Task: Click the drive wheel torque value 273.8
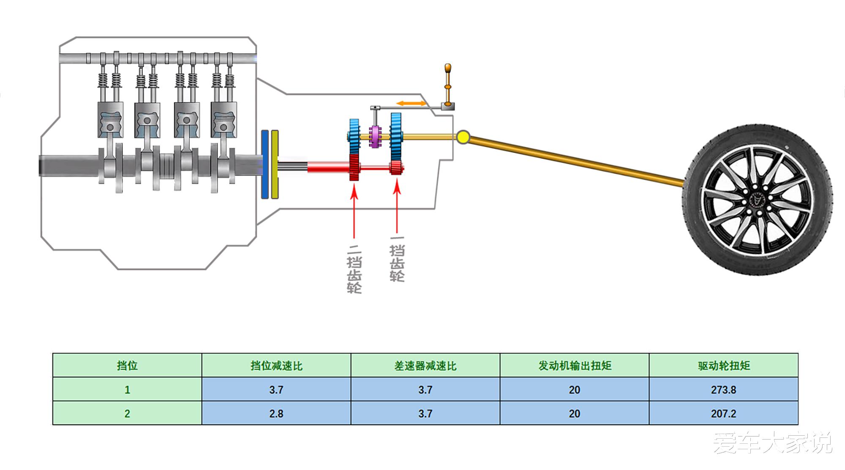(723, 390)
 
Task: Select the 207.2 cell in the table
(723, 413)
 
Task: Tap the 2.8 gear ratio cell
(276, 413)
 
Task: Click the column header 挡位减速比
(276, 366)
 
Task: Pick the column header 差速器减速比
(425, 366)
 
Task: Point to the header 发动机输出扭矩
(574, 366)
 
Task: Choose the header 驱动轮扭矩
(723, 366)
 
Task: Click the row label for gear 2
(127, 413)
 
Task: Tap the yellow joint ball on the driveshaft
(463, 137)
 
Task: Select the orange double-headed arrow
(411, 103)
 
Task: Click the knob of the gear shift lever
(447, 68)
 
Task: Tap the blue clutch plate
(265, 164)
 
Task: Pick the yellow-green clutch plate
(275, 164)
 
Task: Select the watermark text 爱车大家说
(772, 443)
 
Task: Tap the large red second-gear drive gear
(354, 168)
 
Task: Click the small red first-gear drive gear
(396, 168)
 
